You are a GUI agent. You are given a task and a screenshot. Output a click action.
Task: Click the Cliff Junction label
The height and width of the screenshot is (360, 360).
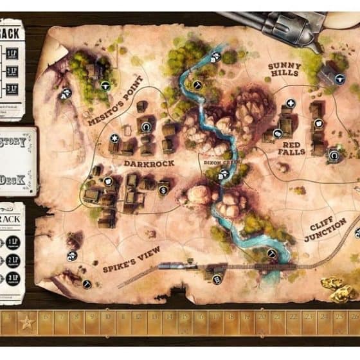326,230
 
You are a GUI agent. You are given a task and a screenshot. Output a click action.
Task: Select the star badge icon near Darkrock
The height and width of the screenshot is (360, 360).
114,138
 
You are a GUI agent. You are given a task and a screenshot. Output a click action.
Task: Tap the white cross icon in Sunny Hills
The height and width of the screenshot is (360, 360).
291,103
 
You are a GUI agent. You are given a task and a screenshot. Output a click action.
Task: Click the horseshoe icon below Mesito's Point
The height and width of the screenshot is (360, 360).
147,127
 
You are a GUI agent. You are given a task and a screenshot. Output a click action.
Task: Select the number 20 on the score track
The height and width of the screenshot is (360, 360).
262,317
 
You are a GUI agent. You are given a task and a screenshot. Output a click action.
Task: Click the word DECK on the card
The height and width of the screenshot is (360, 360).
13,179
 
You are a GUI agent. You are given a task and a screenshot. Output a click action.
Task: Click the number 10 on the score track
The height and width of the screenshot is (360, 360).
107,317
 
